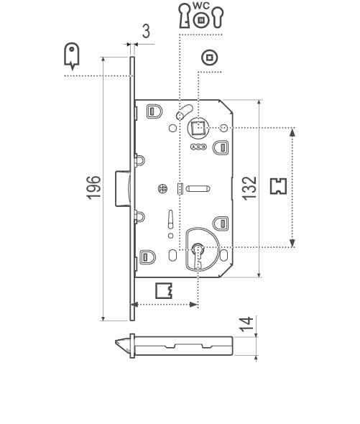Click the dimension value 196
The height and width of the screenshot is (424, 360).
coord(93,188)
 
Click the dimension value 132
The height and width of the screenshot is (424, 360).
coord(249,188)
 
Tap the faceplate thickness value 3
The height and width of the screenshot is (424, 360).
coord(146,32)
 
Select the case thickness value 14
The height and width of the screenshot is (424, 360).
coord(246,324)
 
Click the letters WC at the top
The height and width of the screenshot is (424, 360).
coord(201,6)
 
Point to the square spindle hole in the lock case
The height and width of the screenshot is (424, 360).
coord(198,127)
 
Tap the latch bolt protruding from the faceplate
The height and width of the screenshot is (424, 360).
coord(123,188)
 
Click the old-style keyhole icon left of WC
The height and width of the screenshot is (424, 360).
coord(185,15)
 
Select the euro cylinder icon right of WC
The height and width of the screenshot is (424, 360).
coord(218,17)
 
